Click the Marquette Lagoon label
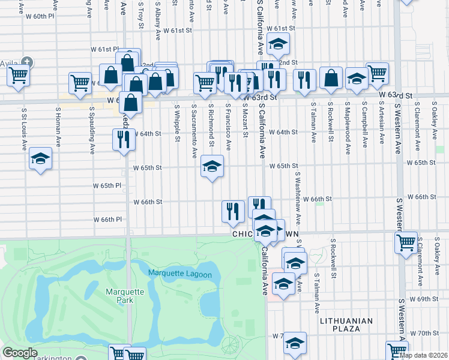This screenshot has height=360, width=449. pos(180,274)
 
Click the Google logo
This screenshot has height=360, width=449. pos(20,353)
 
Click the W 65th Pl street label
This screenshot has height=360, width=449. pos(107,186)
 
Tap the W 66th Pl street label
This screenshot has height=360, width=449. pos(107,220)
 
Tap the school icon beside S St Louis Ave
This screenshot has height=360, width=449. pos(40,158)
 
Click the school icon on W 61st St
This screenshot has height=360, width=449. pos(278,43)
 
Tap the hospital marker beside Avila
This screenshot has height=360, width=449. pos(27,61)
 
